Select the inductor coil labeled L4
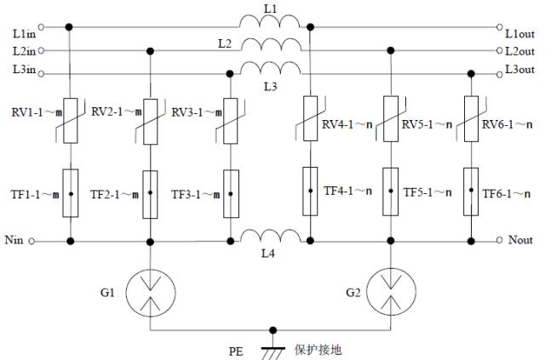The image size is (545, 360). click(x=270, y=237)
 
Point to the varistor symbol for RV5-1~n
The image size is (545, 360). click(x=391, y=118)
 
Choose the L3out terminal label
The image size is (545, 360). click(x=520, y=68)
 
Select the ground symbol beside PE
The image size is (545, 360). click(x=272, y=344)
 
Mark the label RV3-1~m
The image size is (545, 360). click(x=192, y=112)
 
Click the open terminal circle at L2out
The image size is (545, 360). click(x=498, y=51)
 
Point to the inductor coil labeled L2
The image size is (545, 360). click(x=270, y=44)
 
